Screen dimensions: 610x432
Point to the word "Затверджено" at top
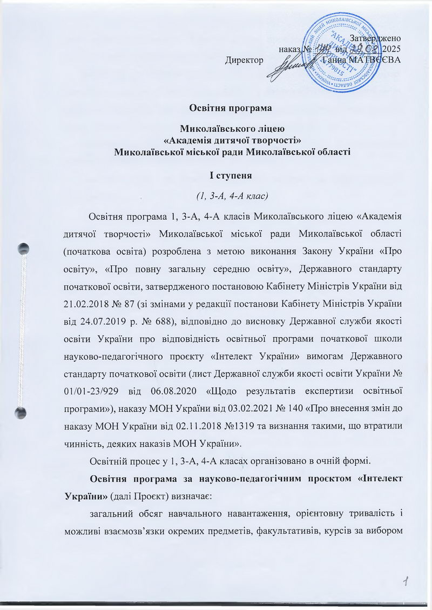(x=375, y=38)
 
